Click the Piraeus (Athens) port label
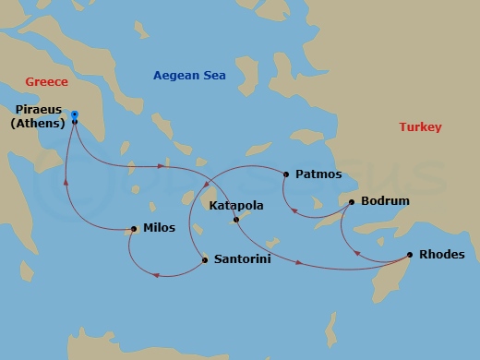39,116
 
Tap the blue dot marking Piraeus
75,115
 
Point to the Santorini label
242,260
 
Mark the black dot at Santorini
204,260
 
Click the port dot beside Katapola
236,219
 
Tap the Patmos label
318,174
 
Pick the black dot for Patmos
287,174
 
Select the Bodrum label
385,200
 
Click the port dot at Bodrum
352,200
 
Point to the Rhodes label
441,254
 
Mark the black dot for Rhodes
410,254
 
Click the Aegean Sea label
189,75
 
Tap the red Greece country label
46,82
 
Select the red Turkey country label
420,127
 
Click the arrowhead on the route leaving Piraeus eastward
162,167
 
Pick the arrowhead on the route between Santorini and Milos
157,274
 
